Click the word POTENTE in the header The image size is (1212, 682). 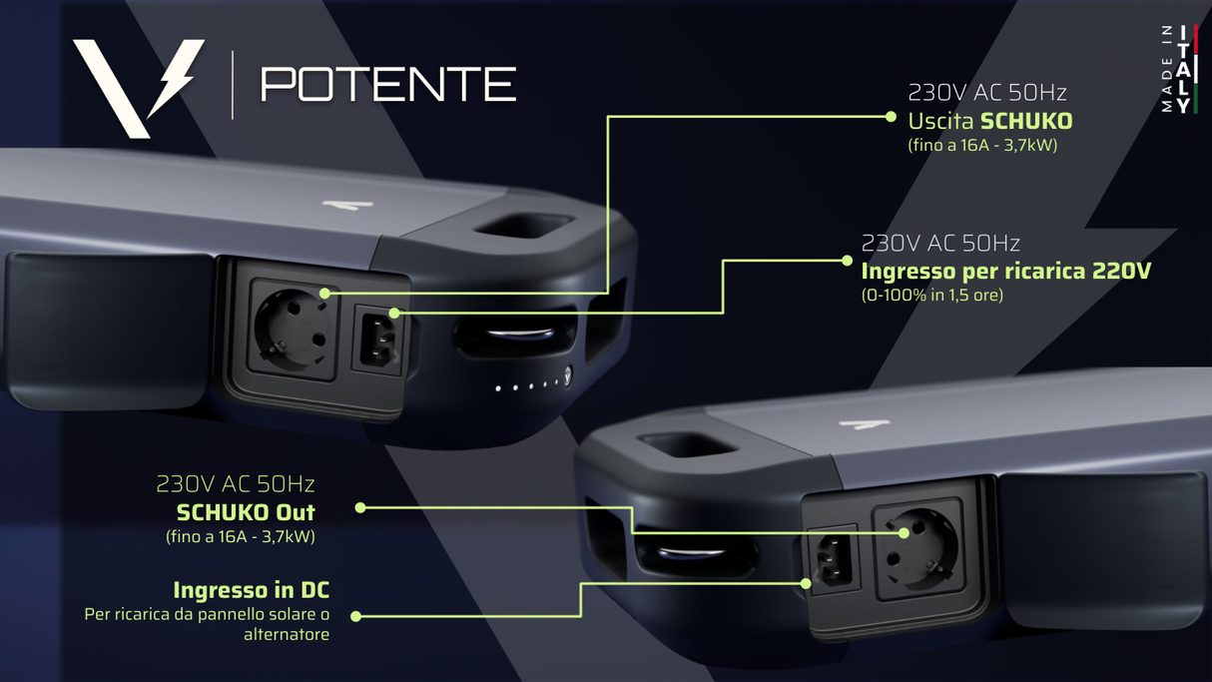coord(387,85)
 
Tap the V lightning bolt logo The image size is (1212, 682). coord(138,87)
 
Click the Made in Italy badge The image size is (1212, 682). coord(1180,69)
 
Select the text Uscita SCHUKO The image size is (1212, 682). coord(989,121)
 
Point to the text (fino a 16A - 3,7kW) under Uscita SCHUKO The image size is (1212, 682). coord(982,145)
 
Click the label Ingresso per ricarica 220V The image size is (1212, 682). coord(1005,271)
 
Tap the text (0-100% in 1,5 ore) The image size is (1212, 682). coord(931,295)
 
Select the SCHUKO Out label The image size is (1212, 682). coord(246,512)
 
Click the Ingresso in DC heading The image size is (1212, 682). coord(251,590)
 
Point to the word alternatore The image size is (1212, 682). coord(287,634)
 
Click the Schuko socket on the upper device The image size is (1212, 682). coord(294,329)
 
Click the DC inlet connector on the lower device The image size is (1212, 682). coord(831,561)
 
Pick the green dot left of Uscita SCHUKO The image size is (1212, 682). coord(891,117)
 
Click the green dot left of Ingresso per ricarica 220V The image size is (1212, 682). coord(847,261)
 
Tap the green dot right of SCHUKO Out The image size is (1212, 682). coord(360,507)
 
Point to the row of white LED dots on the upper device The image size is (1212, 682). coord(529,385)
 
